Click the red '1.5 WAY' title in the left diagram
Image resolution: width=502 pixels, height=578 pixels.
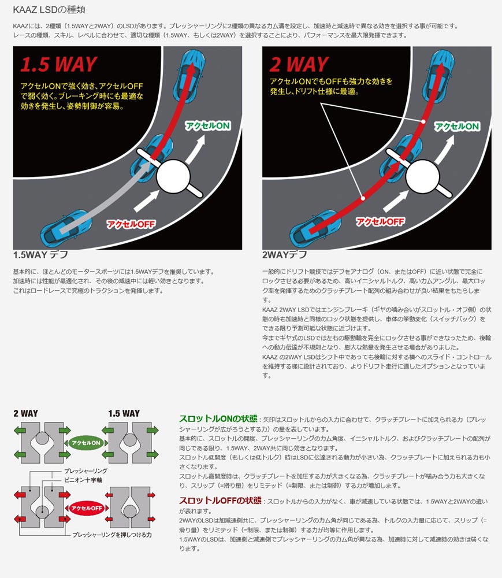coord(59,64)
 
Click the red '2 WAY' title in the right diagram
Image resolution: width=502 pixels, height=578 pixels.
coord(299,64)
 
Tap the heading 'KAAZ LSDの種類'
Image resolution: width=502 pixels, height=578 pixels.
coord(51,10)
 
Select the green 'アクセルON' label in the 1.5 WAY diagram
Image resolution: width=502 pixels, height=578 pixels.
coord(207,125)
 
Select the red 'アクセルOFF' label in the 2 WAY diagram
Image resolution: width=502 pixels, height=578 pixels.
coord(380,221)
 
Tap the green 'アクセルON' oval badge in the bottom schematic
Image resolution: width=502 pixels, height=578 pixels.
coord(85,443)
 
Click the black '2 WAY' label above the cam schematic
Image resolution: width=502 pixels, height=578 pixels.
coord(25,413)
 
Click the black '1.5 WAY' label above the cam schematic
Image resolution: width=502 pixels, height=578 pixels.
coord(124,413)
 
